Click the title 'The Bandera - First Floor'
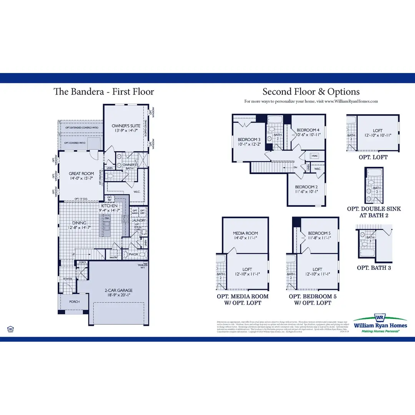[104, 91]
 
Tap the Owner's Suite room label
[126, 126]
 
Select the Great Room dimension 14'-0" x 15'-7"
[81, 179]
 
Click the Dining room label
[79, 223]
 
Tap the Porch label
[74, 302]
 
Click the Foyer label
[68, 279]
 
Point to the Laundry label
[138, 221]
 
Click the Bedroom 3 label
[249, 139]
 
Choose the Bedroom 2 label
[306, 187]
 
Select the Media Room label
[245, 233]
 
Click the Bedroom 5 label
[319, 233]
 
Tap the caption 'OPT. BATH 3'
[374, 267]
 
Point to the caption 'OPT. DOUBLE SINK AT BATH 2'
[374, 212]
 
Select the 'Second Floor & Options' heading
[311, 91]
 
